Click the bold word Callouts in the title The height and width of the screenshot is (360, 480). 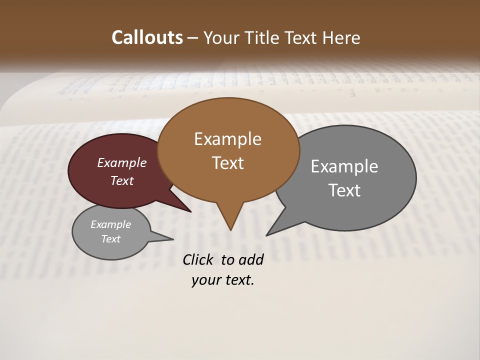147,37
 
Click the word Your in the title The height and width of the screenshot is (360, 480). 222,37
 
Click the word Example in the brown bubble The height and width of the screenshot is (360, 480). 227,139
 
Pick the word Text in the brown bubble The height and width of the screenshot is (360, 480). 227,163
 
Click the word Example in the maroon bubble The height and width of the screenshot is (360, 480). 121,163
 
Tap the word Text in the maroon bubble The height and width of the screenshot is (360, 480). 122,181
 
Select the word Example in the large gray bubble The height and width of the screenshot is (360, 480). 344,166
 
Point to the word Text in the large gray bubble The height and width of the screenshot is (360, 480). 344,190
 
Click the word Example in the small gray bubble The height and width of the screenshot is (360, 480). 110,225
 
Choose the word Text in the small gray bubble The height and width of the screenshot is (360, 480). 110,239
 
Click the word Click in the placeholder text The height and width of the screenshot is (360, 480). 197,259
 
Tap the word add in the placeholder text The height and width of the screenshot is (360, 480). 250,259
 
